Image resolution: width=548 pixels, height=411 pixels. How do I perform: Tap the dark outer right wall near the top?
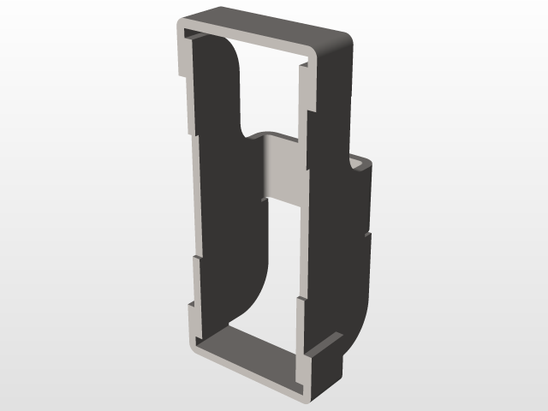click(x=334, y=94)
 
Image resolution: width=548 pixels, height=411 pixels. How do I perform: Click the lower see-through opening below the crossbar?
click(x=283, y=257)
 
